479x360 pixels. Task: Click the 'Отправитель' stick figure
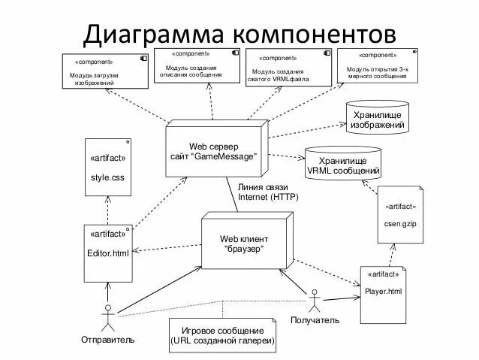point(108,317)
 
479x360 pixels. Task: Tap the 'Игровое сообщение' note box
point(222,336)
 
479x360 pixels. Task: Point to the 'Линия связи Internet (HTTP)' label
point(267,192)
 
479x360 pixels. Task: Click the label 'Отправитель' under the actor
point(107,340)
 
